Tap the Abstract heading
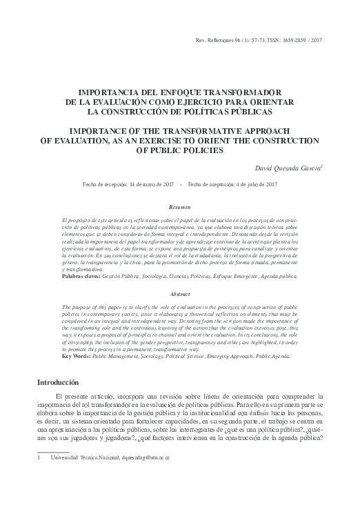[x=180, y=292]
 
